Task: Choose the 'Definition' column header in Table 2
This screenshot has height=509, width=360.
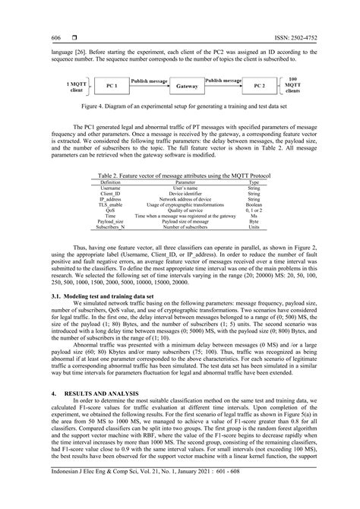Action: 111,182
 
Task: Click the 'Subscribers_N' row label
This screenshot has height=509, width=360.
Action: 111,227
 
